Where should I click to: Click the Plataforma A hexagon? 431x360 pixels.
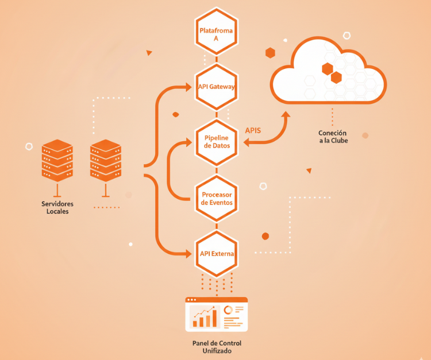pos(216,31)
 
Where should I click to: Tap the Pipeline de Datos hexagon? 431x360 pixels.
pos(216,142)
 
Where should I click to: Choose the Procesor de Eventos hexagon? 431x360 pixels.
pos(216,198)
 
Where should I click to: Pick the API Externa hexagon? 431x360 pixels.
pos(216,253)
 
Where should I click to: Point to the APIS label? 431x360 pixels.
pos(253,130)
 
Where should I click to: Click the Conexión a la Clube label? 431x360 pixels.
pos(333,137)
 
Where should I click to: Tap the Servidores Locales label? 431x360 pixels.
pos(57,207)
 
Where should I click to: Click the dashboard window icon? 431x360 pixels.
pos(216,314)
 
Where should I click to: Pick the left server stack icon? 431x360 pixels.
pos(57,161)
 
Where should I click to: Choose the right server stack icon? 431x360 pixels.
pos(106,161)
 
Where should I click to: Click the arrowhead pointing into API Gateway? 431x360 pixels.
pos(188,87)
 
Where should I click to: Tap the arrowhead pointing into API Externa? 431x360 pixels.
pos(188,253)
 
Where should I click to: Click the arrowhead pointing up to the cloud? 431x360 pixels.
pos(286,115)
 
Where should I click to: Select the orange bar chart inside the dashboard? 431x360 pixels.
pos(205,318)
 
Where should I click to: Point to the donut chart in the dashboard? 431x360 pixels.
pos(228,310)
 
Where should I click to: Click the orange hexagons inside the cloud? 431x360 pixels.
pos(332,73)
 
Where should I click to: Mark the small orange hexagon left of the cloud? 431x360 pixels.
pos(270,53)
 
